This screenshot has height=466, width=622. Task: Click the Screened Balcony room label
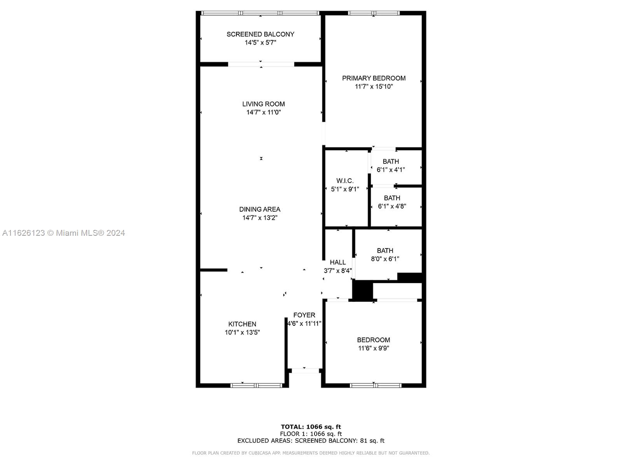pos(260,34)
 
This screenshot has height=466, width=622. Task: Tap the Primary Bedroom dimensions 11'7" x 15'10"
pos(374,87)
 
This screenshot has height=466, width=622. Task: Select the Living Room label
pos(263,104)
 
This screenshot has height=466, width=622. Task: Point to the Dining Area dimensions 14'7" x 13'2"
pos(260,218)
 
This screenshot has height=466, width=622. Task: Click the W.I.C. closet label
pos(345,181)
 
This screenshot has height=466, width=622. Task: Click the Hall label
pos(337,263)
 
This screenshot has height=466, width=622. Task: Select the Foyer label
pos(304,315)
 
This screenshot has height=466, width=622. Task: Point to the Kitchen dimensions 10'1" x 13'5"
pos(242,332)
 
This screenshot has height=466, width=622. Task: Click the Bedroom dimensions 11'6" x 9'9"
pos(374,348)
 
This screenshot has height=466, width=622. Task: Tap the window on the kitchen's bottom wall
pos(256,385)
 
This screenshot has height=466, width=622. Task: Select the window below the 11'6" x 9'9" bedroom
pos(376,385)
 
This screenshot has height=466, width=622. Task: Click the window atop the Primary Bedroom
pos(374,13)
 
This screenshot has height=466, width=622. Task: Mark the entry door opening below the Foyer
pos(305,370)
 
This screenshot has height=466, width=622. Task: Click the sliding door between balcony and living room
pos(261,64)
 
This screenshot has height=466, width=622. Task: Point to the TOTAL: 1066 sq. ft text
pos(311,427)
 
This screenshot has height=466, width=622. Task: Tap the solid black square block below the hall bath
pos(362,290)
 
